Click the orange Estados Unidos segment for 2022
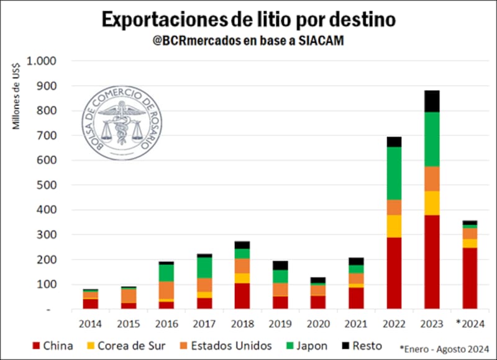coord(394,207)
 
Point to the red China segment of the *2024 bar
coord(470,278)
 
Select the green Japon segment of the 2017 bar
coord(204,268)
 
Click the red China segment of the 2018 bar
coord(242,296)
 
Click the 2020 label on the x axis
coord(317,323)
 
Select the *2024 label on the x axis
coord(470,323)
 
